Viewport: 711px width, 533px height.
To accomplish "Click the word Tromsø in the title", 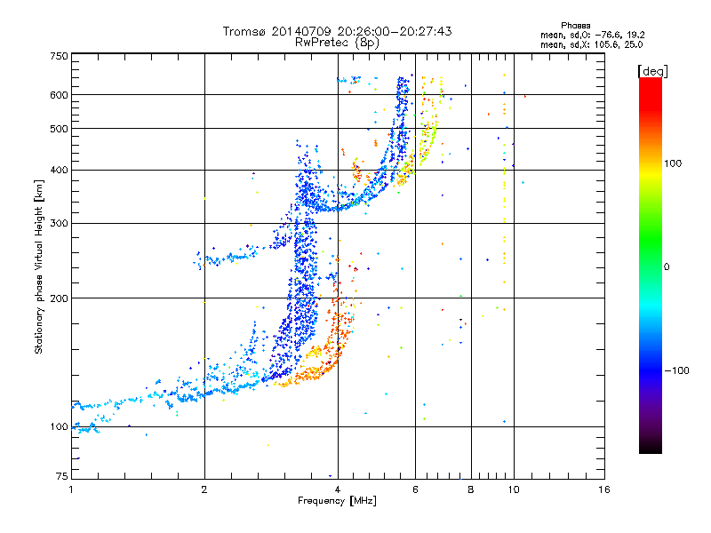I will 244,31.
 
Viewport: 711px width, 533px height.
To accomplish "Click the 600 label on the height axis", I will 60,94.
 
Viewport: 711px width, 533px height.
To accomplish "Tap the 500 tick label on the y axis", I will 60,129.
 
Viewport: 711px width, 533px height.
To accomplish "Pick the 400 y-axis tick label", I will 60,170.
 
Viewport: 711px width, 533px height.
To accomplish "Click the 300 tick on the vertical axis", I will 60,223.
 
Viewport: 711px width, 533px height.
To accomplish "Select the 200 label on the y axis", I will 60,298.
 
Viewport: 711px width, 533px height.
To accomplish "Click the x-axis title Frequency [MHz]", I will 337,502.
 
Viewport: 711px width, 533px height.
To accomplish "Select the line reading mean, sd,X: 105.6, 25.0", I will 586,44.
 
